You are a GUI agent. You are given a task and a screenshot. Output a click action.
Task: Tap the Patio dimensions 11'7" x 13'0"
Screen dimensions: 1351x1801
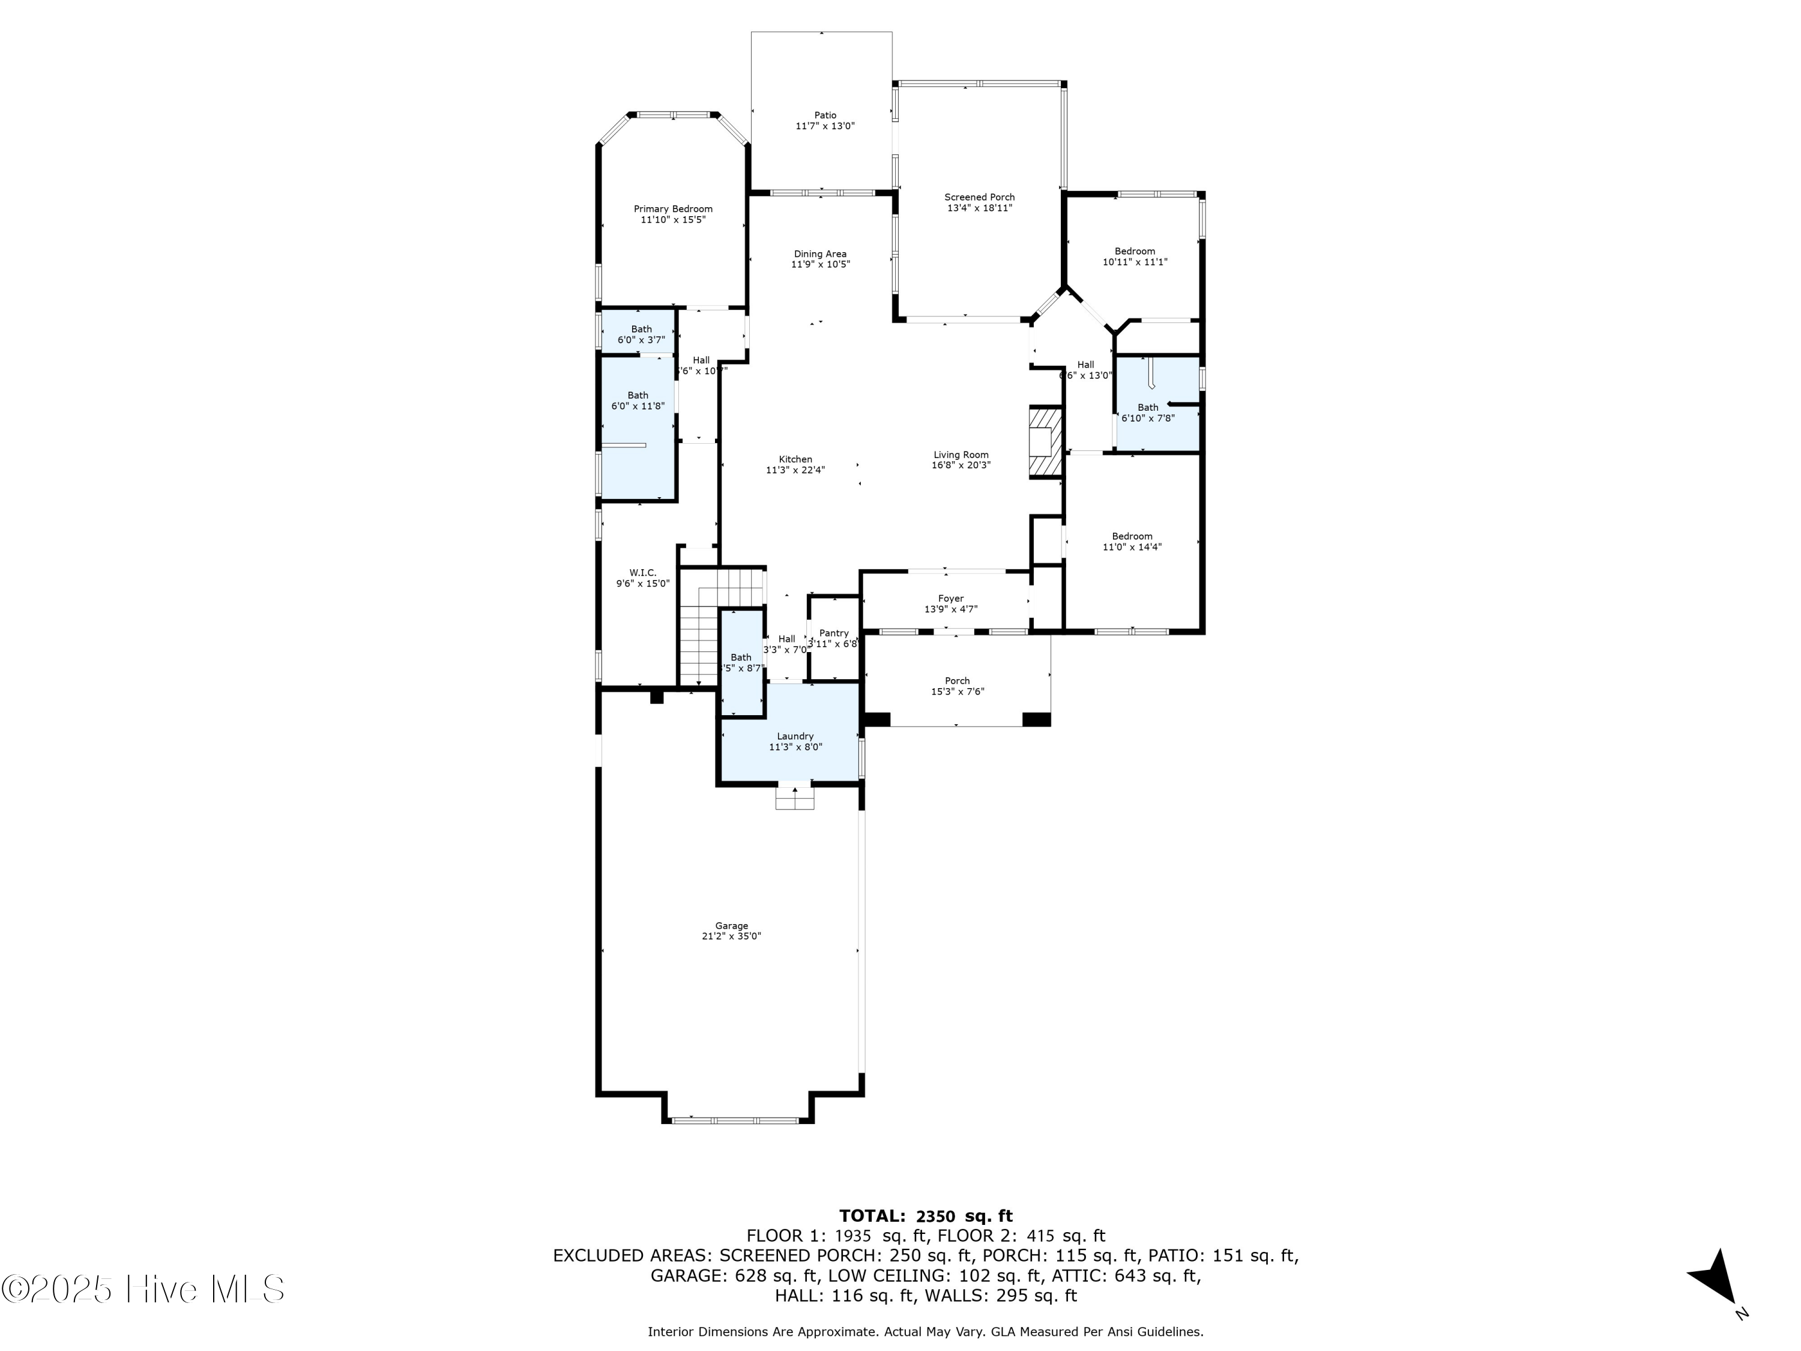tap(825, 126)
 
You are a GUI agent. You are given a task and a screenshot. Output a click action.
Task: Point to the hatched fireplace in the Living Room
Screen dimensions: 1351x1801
tap(1045, 442)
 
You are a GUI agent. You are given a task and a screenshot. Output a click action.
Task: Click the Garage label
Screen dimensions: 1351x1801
tap(731, 926)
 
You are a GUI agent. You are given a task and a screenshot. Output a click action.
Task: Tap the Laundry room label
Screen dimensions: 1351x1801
tap(795, 736)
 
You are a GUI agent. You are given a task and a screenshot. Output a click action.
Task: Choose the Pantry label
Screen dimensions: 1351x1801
tap(834, 633)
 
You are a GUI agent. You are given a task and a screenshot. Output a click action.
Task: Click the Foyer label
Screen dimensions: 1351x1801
tap(950, 599)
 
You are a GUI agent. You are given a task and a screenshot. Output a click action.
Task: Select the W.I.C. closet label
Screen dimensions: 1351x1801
tap(642, 572)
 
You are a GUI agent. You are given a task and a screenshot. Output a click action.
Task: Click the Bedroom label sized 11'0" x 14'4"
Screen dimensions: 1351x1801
tap(1132, 536)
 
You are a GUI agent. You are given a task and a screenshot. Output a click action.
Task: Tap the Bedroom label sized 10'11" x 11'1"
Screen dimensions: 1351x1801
tap(1134, 251)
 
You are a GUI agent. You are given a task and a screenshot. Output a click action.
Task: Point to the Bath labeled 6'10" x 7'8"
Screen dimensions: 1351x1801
tap(1147, 407)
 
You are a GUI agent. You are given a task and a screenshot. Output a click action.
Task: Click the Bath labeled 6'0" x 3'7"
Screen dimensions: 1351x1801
tap(641, 329)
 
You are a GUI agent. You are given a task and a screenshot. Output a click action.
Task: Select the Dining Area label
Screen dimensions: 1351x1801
tap(820, 254)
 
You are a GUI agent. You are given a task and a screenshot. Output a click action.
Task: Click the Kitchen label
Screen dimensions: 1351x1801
tap(795, 459)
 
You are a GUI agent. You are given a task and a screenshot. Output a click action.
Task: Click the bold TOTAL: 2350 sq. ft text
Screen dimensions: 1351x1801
tap(926, 1217)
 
